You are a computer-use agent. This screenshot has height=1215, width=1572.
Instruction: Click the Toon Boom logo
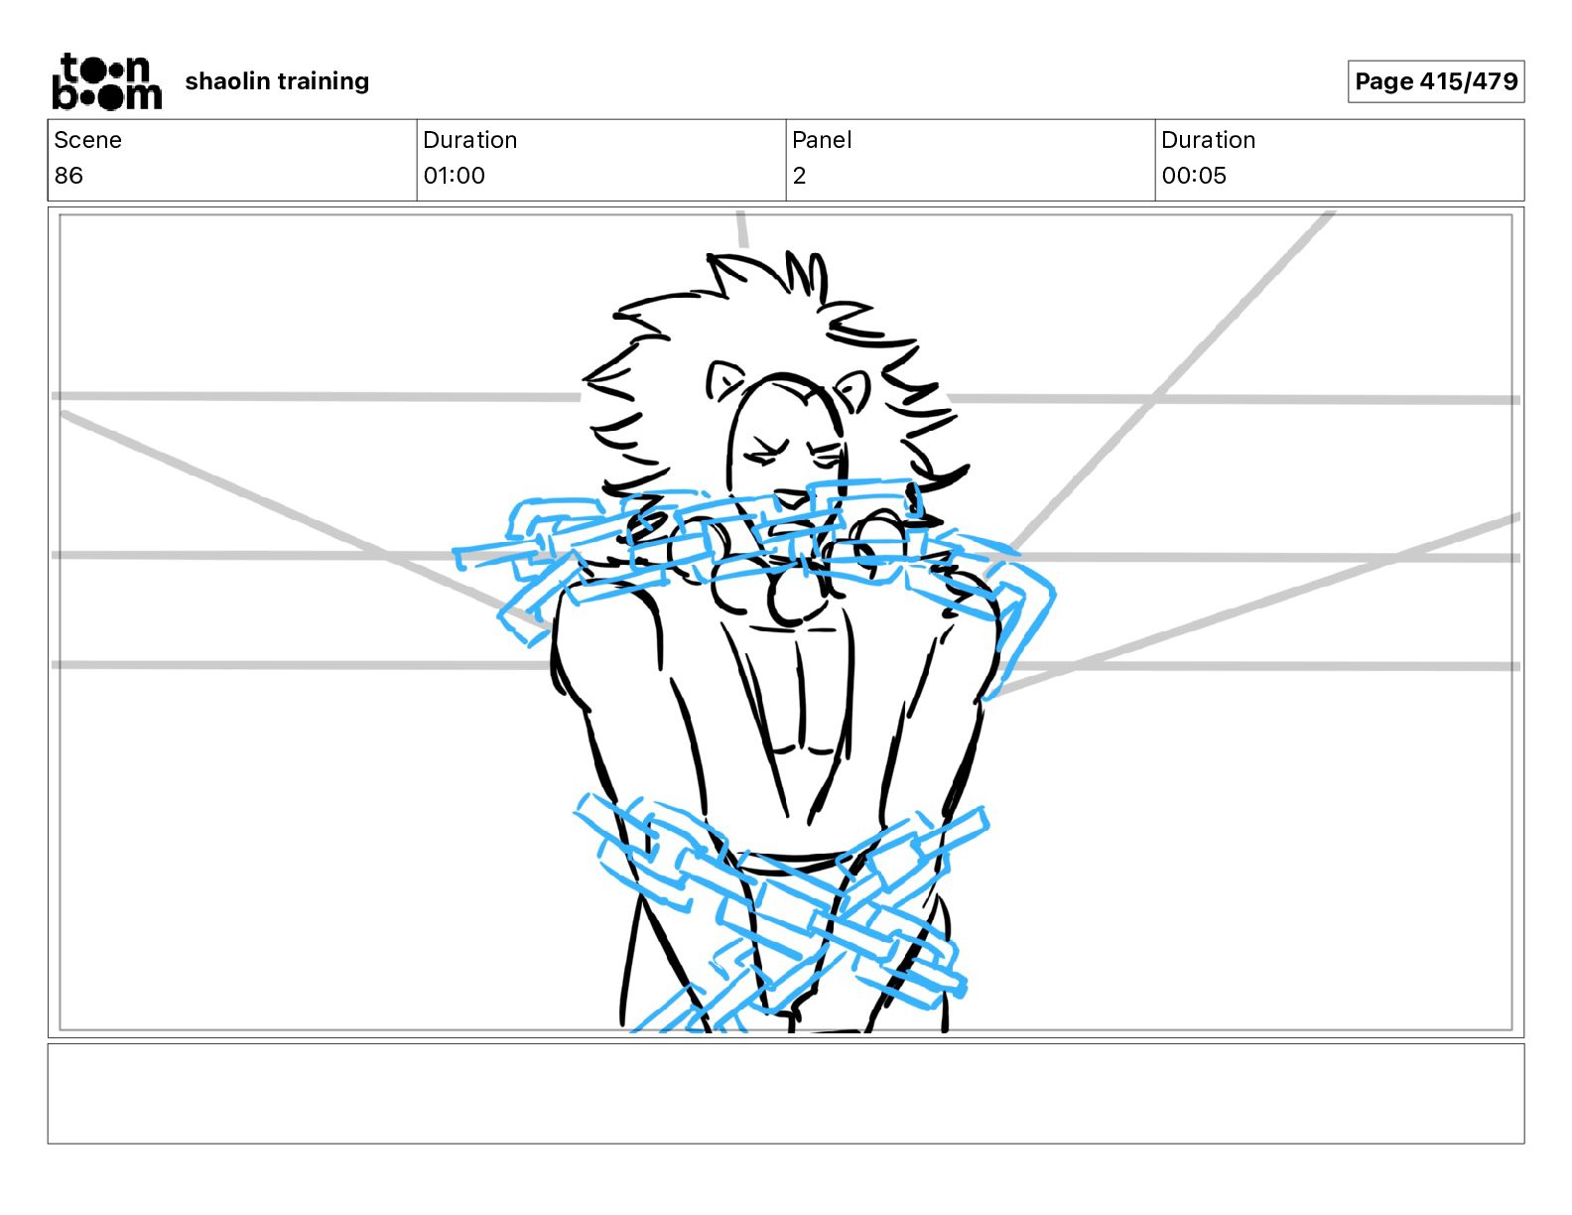106,81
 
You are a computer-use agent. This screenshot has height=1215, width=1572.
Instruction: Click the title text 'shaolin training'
277,81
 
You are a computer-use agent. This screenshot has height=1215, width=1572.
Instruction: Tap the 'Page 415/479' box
1435,81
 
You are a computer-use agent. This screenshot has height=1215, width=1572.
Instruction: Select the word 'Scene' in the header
87,140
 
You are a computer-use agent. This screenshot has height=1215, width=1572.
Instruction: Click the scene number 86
68,176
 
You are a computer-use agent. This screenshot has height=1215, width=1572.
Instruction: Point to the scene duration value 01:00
454,176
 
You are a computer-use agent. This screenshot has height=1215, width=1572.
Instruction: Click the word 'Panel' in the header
822,140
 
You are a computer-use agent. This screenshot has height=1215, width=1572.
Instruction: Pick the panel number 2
799,176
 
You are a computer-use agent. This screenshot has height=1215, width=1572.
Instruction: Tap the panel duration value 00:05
1194,176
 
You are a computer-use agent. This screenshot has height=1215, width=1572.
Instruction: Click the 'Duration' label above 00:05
1208,140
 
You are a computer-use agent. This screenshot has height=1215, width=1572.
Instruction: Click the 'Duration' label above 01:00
469,140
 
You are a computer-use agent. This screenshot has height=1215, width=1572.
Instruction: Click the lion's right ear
851,388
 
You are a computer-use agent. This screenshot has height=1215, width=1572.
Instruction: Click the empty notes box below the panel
785,1093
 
